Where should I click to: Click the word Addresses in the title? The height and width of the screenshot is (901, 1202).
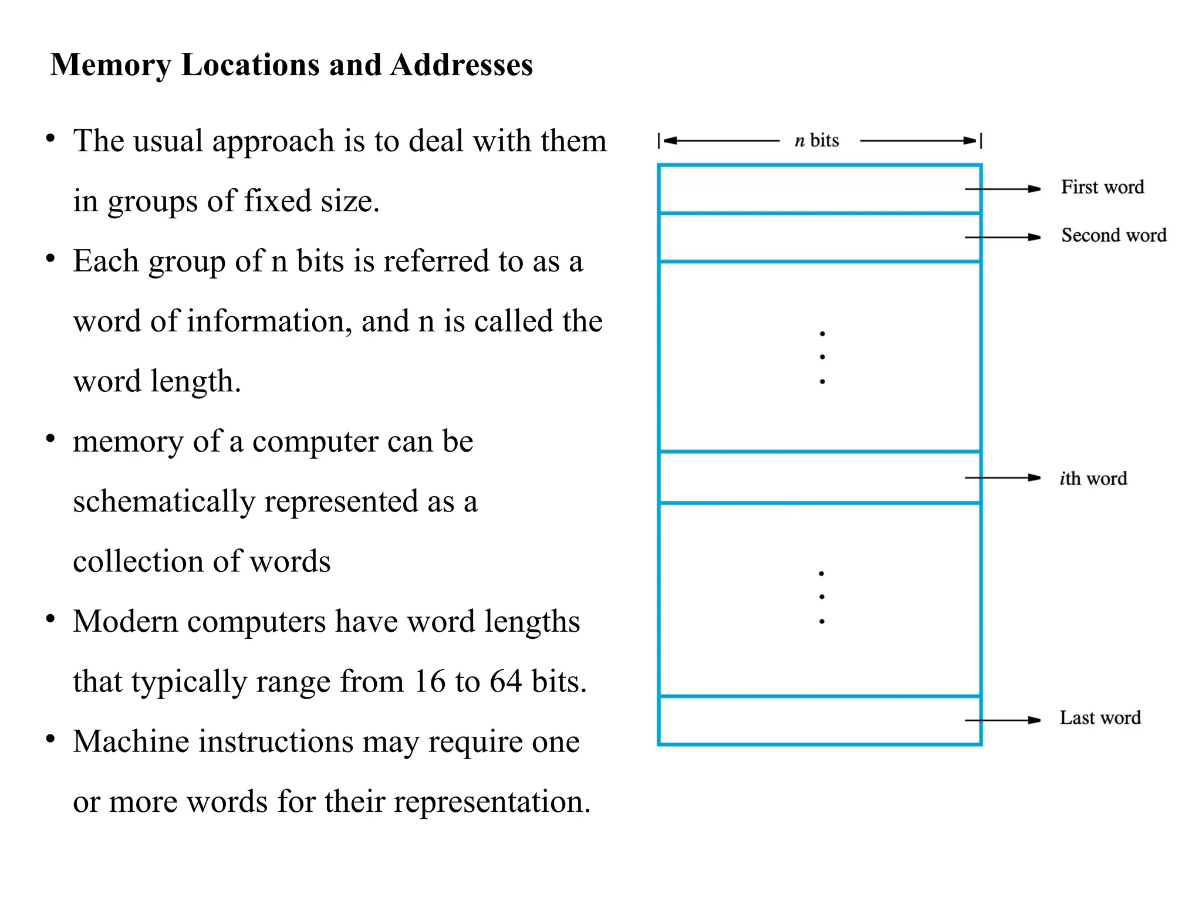point(461,65)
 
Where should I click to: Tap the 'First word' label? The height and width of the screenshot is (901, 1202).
point(1102,187)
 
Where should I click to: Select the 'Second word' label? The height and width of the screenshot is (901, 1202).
point(1113,235)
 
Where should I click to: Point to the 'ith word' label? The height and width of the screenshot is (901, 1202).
point(1093,479)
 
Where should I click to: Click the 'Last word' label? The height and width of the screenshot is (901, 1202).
point(1100,718)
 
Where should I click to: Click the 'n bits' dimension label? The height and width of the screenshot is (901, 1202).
point(816,141)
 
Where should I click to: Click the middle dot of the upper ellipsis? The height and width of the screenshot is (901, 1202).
point(822,357)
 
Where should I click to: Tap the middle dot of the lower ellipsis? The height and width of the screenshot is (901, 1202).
point(822,597)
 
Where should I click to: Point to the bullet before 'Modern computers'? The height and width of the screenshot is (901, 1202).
point(51,619)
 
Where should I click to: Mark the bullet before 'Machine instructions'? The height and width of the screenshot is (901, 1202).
point(51,739)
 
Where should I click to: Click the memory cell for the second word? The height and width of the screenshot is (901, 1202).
point(819,238)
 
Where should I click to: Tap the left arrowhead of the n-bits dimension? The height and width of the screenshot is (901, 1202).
point(669,141)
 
